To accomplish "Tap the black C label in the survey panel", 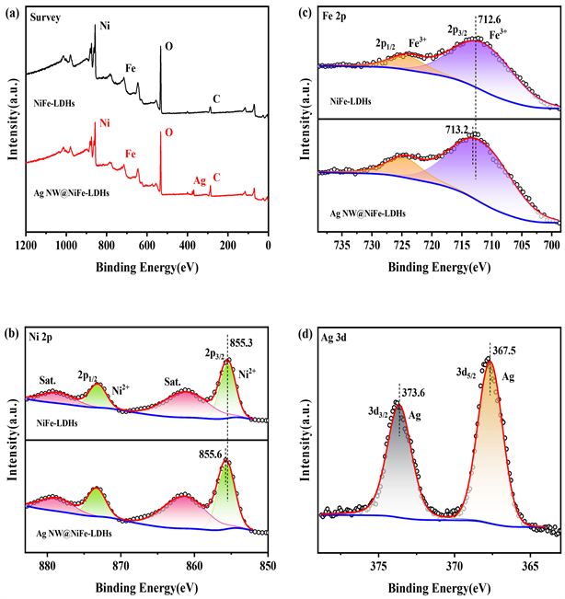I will pos(215,98).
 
